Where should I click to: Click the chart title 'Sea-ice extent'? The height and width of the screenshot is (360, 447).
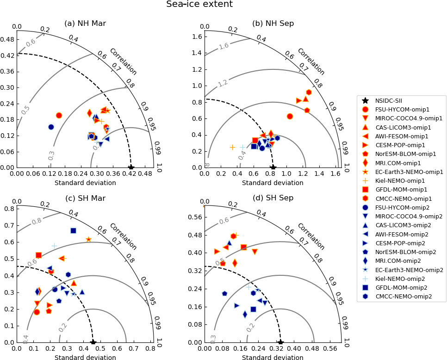[x=199, y=5]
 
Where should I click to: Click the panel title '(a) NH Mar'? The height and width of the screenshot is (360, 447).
[x=85, y=24]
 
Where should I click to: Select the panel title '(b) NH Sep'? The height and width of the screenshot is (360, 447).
[x=273, y=24]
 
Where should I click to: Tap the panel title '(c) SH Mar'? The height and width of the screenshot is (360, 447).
[x=85, y=199]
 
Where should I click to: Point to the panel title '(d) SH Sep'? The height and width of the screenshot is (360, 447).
[x=273, y=199]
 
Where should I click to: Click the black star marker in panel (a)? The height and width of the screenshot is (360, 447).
[x=131, y=167]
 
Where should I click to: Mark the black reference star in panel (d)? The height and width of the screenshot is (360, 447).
[x=280, y=342]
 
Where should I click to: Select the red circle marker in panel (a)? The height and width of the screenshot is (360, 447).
[x=59, y=115]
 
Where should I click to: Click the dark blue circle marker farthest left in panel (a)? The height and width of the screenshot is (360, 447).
[x=51, y=127]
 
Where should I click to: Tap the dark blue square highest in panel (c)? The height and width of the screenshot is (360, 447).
[x=73, y=230]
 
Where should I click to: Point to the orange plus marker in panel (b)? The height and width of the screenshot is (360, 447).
[x=232, y=147]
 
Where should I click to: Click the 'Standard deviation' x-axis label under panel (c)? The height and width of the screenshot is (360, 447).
[x=85, y=358]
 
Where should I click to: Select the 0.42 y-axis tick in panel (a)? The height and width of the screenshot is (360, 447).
[x=8, y=56]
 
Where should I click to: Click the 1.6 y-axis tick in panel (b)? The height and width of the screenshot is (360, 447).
[x=197, y=37]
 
